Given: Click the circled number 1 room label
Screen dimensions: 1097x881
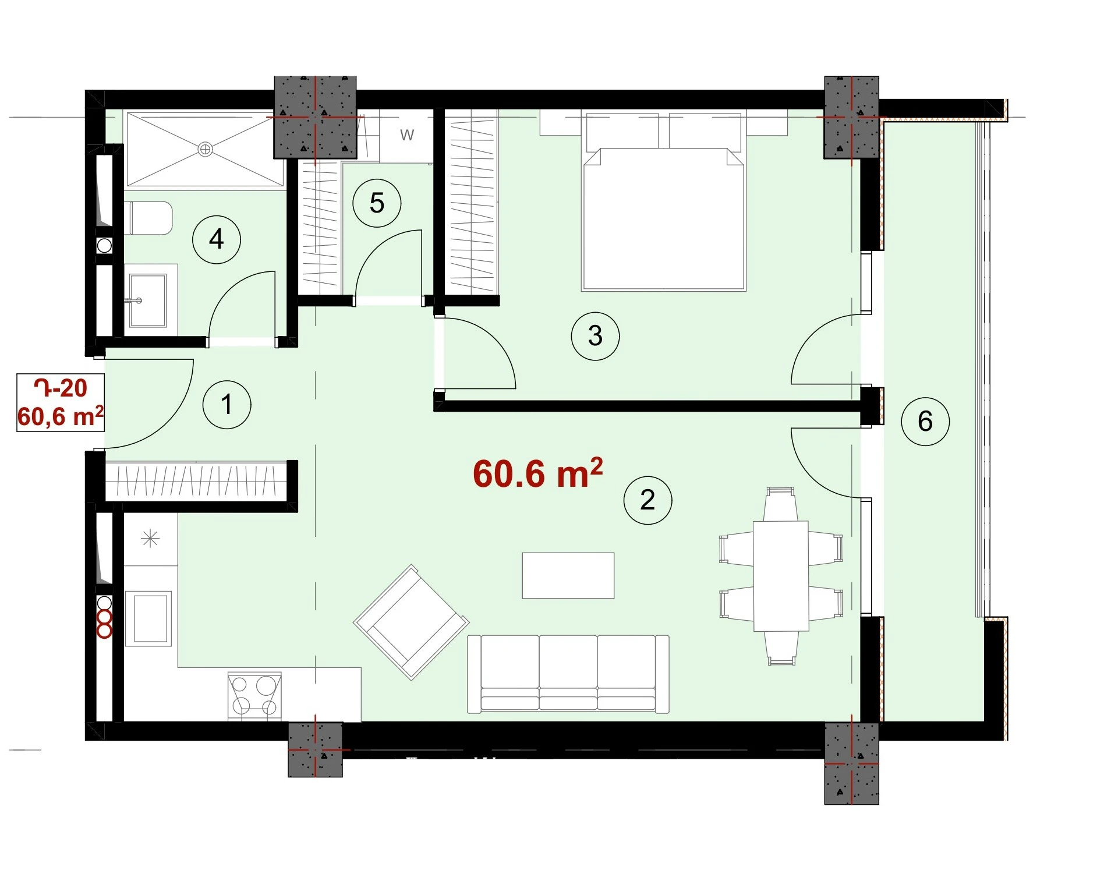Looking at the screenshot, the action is click(227, 405).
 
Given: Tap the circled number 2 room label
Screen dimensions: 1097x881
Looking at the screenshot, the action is click(647, 500).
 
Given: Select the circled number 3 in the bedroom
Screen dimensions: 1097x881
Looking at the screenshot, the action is click(595, 335).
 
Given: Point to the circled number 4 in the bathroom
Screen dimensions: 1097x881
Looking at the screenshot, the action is click(217, 239).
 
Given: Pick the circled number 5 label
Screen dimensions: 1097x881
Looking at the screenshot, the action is click(377, 203).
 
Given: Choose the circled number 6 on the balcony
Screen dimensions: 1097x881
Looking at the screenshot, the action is click(925, 422).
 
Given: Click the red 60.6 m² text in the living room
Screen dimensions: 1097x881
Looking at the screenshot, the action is click(537, 473).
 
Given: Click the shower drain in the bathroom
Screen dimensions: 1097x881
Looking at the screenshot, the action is click(205, 149).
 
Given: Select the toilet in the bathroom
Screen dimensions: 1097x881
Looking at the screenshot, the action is click(150, 218).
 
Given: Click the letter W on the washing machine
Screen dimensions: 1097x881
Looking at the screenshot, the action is click(407, 135).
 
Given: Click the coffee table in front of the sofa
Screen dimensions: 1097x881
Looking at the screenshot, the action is click(568, 575).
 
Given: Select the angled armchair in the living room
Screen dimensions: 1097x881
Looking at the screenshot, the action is click(412, 622).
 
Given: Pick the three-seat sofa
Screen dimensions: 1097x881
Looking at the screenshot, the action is click(568, 674).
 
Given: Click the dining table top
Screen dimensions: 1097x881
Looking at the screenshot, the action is click(781, 576).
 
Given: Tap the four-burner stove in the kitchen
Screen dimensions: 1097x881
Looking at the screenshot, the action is click(254, 696).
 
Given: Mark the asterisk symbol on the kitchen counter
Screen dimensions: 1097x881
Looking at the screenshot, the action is click(150, 539).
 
